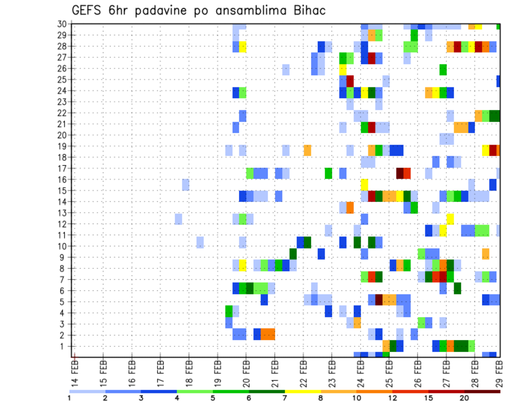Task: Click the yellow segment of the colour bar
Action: pos(302,391)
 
